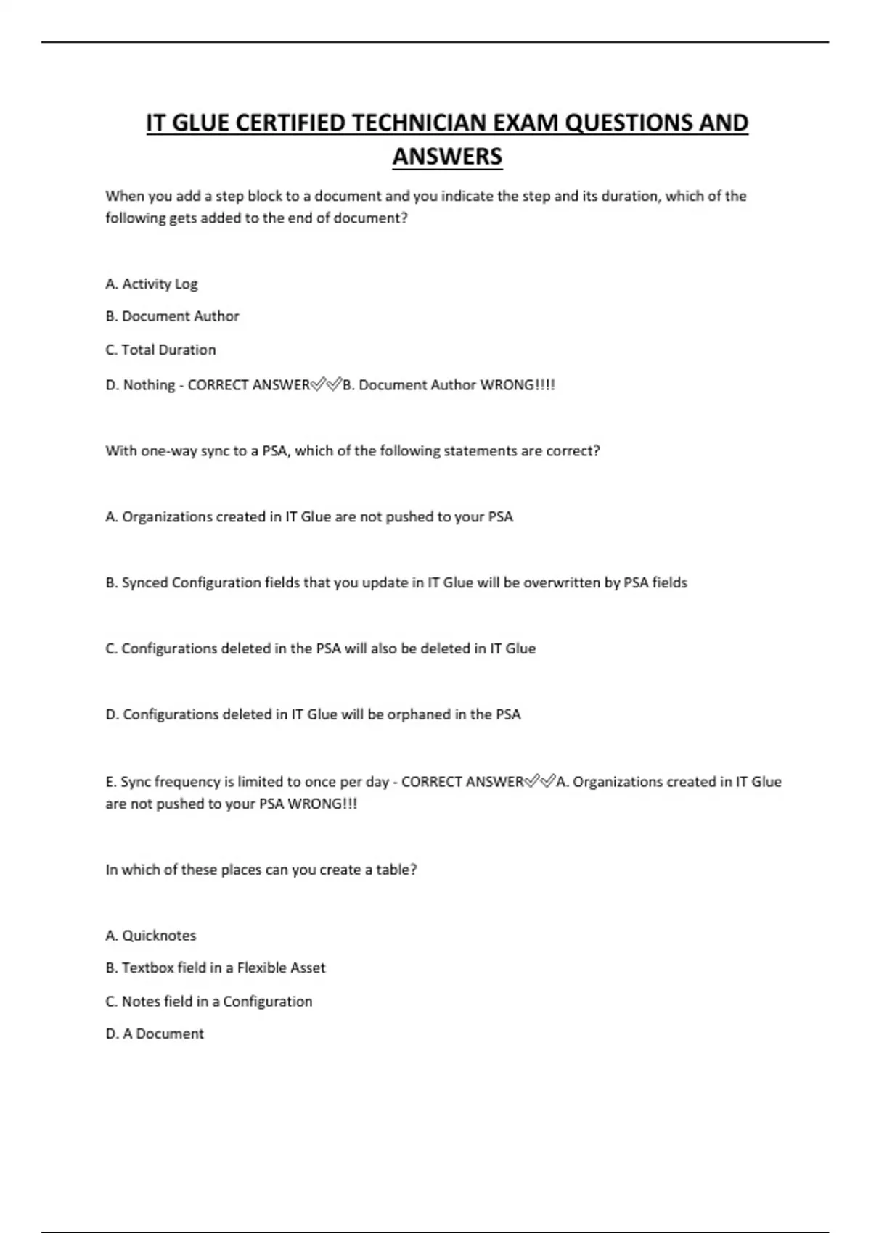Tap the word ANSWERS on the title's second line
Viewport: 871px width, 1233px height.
click(447, 157)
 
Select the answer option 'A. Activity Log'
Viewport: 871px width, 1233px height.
click(151, 284)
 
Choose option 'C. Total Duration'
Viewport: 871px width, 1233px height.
click(160, 350)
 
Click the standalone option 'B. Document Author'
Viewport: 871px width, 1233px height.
click(172, 316)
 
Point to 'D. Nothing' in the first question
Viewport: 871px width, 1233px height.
click(140, 385)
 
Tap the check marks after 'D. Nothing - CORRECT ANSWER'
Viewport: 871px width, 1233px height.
click(326, 384)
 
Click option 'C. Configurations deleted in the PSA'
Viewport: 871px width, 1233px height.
click(320, 649)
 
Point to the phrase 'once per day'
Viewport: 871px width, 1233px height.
click(347, 783)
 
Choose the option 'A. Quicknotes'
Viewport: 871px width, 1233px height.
click(151, 936)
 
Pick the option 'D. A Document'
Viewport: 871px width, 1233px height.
click(155, 1034)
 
